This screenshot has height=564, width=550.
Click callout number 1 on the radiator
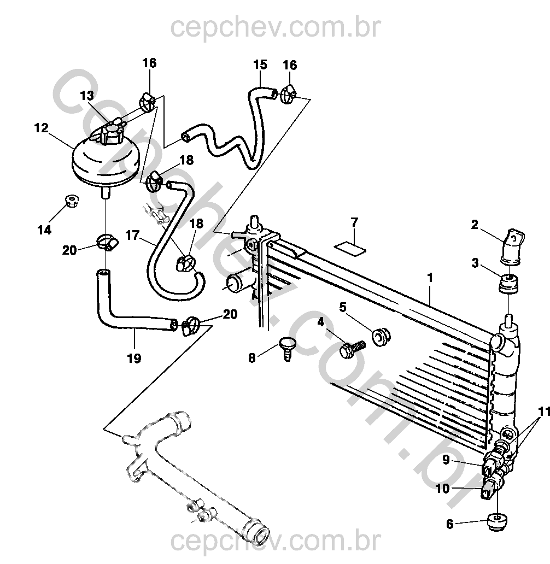click(x=430, y=278)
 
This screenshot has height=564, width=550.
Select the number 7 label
click(x=354, y=222)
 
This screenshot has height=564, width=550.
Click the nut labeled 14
click(x=71, y=201)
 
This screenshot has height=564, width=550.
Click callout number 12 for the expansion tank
click(x=41, y=128)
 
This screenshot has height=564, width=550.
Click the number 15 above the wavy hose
click(x=260, y=64)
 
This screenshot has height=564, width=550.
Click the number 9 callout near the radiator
click(x=446, y=460)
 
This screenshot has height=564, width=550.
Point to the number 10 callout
click(x=442, y=488)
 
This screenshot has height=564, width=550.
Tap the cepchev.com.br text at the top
click(x=275, y=27)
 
